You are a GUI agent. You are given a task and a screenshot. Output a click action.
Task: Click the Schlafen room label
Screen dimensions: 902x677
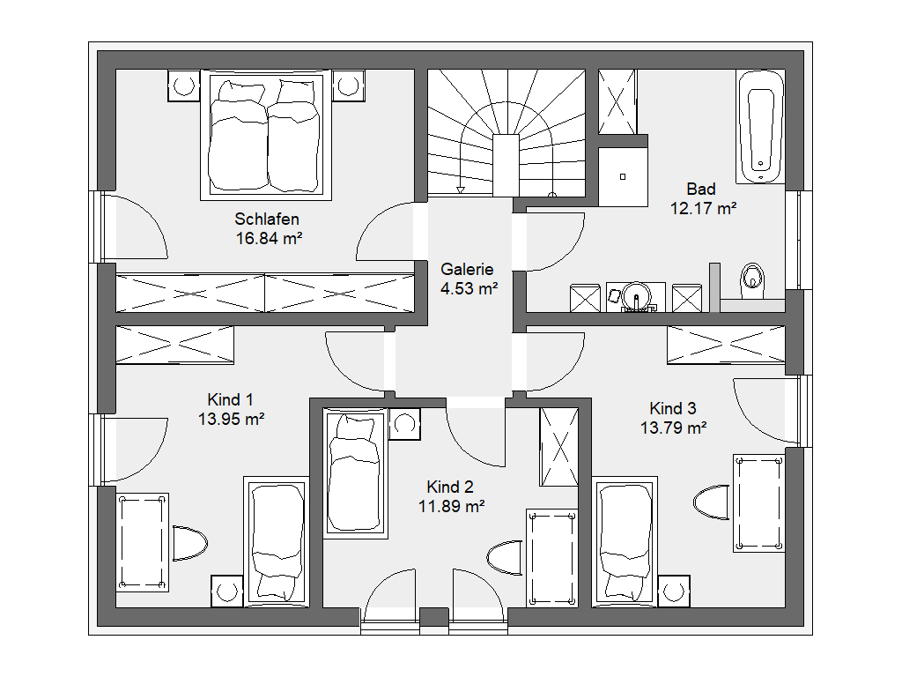click(x=266, y=219)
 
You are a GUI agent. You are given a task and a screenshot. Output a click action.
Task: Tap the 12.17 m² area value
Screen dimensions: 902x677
click(x=703, y=208)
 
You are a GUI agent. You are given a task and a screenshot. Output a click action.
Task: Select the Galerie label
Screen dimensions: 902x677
click(x=467, y=269)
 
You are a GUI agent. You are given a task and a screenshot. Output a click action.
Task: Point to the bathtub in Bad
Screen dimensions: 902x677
click(x=760, y=127)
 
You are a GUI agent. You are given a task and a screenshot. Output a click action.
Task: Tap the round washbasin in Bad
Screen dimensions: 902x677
click(x=637, y=296)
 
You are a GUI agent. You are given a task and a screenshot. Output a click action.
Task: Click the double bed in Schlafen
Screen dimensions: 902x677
click(x=266, y=136)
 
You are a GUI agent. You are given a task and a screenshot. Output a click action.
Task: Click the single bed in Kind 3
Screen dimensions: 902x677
click(x=625, y=542)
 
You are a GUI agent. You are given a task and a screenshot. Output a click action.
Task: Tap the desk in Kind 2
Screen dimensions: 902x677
click(x=552, y=558)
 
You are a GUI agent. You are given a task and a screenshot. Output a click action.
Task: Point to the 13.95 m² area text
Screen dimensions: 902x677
click(x=232, y=419)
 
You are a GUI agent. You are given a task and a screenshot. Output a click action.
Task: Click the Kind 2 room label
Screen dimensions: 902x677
click(x=450, y=487)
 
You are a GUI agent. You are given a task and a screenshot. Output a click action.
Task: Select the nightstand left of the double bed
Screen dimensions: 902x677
click(x=183, y=86)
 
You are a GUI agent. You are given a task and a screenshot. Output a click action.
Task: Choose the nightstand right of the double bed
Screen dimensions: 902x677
click(x=349, y=86)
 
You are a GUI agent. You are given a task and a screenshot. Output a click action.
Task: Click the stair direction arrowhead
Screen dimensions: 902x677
click(x=460, y=190)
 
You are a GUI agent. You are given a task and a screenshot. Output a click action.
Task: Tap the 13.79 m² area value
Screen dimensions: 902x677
click(x=674, y=428)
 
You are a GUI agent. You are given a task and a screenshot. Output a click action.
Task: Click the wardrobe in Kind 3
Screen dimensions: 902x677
click(x=726, y=345)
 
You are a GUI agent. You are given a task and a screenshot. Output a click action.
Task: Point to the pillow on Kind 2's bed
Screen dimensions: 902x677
click(x=354, y=428)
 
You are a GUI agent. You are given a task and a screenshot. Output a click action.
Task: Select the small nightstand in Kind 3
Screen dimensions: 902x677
click(x=674, y=591)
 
